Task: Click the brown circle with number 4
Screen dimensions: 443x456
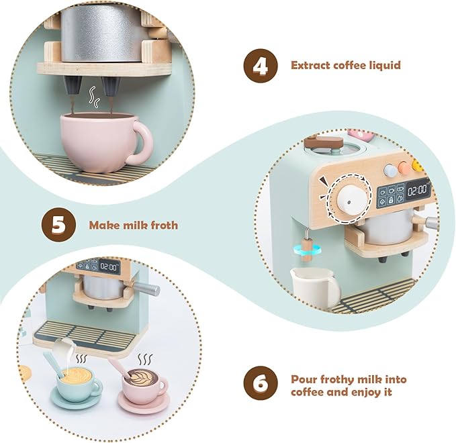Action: coord(259,66)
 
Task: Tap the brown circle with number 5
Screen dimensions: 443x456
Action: coord(58,225)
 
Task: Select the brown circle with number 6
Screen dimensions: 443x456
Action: coord(259,383)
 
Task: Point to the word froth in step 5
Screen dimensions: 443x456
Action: coord(163,226)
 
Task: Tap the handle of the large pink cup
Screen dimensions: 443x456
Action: coord(143,142)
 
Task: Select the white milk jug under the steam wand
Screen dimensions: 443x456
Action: coord(314,287)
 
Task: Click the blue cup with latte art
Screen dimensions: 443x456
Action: coord(79,383)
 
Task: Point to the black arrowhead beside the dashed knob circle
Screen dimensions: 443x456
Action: coord(326,180)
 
